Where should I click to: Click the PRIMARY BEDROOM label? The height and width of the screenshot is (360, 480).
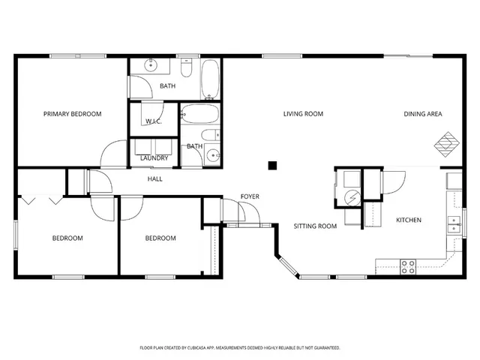(72, 114)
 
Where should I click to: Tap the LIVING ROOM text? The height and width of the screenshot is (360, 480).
(303, 114)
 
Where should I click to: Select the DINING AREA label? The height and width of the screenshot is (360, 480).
(423, 114)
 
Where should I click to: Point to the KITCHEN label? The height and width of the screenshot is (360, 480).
(409, 220)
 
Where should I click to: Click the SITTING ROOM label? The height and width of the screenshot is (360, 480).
(314, 226)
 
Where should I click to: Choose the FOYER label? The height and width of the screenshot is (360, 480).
(250, 196)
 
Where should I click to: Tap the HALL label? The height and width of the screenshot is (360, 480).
(155, 179)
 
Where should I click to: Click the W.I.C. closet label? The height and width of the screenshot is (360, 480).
(154, 121)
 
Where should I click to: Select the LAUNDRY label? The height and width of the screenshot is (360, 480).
(154, 158)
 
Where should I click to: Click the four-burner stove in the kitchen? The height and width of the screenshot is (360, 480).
(408, 265)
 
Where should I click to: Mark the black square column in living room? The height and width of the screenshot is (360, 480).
(274, 165)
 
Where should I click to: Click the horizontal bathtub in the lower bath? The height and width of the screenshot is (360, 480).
(199, 115)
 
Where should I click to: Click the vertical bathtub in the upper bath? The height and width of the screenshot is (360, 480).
(210, 79)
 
